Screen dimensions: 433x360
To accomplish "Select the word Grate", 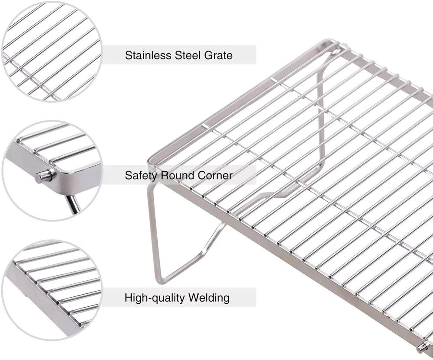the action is point(218,55).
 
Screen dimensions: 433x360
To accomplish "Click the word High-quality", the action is point(155,298).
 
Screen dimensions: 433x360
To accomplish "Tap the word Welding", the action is point(209,298).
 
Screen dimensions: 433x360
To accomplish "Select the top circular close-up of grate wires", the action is point(52,51).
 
